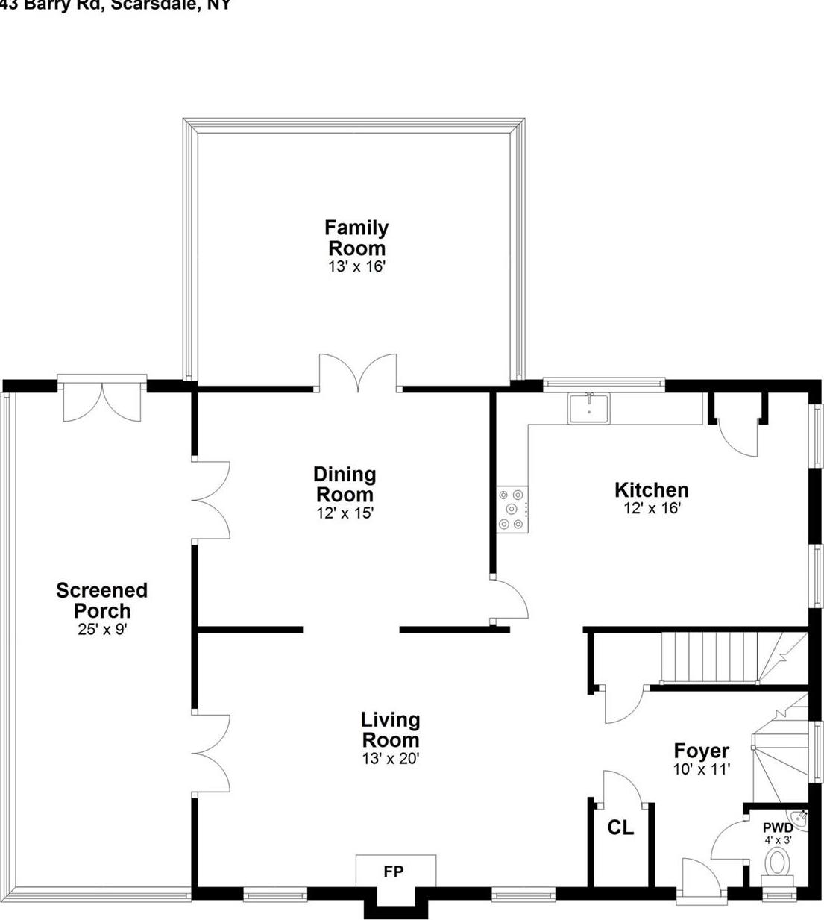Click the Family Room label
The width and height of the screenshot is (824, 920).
356,237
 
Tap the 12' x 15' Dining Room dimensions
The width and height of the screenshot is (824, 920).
344,513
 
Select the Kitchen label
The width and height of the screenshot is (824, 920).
651,490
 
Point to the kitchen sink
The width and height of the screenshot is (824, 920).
588,409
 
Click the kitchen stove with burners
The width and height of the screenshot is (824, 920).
512,510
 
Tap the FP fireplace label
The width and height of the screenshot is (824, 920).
393,872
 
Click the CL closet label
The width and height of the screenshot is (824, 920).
620,827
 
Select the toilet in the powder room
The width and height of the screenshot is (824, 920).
778,863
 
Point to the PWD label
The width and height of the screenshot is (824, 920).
777,827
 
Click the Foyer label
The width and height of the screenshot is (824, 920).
701,751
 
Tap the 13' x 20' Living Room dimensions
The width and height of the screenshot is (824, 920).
390,760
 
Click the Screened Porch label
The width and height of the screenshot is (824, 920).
102,600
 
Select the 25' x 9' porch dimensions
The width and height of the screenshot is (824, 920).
102,630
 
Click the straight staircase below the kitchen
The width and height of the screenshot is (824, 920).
708,657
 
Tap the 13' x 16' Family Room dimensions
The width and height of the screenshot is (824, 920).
356,266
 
